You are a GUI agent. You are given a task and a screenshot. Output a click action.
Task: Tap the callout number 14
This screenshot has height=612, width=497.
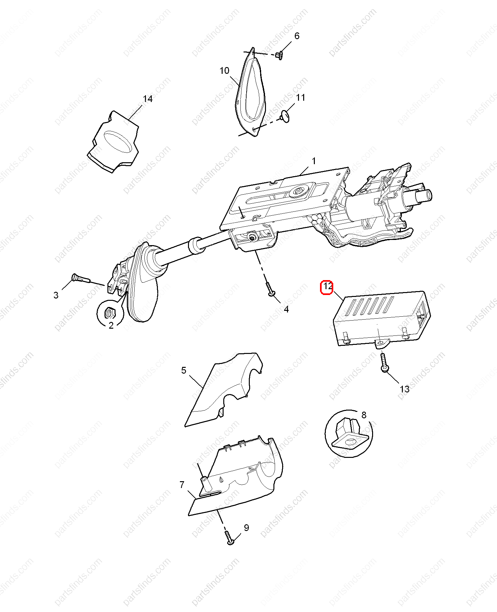tap(148, 99)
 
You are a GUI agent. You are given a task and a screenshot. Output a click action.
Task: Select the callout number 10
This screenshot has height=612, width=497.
tap(224, 71)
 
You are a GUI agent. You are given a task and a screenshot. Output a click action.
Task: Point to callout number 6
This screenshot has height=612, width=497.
tap(297, 36)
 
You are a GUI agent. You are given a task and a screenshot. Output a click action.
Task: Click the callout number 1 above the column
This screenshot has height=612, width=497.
tap(314, 161)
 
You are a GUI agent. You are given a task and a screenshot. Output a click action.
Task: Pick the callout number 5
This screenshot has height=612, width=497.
tap(184, 370)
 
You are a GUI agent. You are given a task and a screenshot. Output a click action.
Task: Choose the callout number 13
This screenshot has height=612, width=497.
tap(405, 389)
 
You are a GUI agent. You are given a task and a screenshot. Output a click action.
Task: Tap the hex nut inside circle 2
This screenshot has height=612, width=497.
tap(110, 313)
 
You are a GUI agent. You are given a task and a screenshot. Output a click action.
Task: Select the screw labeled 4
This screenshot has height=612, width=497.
tap(270, 289)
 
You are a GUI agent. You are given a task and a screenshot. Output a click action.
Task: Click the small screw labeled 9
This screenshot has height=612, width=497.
tap(229, 538)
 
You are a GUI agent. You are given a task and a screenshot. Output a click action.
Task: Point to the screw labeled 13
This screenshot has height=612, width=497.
tap(384, 363)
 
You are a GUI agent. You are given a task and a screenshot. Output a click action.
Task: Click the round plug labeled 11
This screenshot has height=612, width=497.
tap(285, 116)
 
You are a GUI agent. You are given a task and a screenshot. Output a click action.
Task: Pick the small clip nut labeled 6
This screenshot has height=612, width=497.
tap(280, 56)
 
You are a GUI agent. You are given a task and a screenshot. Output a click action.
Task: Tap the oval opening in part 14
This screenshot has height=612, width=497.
tap(118, 142)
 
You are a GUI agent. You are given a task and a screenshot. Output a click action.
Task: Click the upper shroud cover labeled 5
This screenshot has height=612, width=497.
tap(223, 389)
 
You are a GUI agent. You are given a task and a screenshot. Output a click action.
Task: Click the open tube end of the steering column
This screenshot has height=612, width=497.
tap(428, 195)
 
